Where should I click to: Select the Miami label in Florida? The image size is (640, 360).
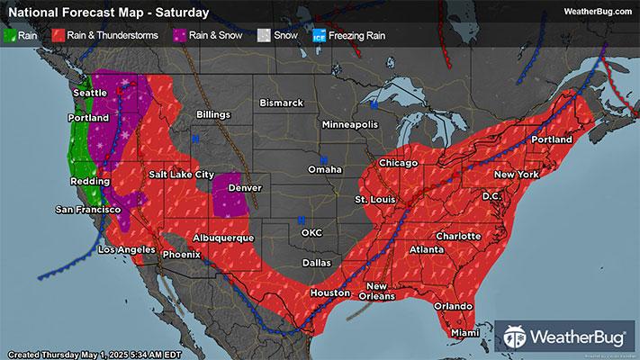point(464,333)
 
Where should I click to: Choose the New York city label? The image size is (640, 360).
point(516,173)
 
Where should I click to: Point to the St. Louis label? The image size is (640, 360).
point(374,198)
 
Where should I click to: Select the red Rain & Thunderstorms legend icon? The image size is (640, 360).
point(58,37)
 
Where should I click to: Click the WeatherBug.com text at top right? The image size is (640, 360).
point(598,12)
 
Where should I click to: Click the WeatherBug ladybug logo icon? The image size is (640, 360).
point(516,337)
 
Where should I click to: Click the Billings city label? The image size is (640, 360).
point(212,114)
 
